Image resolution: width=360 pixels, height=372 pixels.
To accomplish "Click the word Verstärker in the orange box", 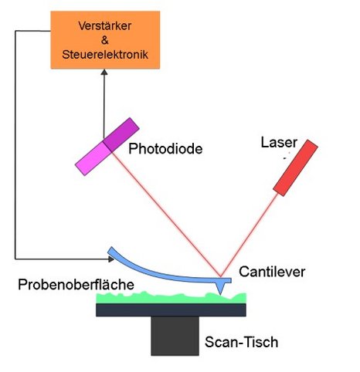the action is coord(105,25).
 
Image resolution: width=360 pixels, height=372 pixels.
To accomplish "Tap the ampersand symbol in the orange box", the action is coord(105,40).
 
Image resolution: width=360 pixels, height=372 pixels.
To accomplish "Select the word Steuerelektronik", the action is coord(105,55).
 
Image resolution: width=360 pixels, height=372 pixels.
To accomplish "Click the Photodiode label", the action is coord(165,149).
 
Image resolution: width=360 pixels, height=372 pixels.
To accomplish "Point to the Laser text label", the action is coord(279,142).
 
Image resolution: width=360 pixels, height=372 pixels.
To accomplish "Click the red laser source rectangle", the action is coord(295,167).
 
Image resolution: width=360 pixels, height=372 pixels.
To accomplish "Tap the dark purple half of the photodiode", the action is coord(121,134).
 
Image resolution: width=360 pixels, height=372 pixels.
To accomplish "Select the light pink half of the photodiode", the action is coord(93,159).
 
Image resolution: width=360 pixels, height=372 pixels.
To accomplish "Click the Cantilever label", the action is coord(272,272).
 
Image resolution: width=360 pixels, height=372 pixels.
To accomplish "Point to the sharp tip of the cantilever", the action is coord(220,294).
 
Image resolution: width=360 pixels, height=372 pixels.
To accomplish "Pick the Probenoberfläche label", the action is coord(76,285).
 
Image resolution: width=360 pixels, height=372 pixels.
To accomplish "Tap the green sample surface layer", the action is coord(172,299).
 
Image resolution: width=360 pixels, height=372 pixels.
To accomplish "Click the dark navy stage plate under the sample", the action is coord(172,309).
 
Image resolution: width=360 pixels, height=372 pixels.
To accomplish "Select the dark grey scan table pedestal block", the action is coord(175,336).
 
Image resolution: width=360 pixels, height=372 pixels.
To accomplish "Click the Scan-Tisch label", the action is coord(242,342).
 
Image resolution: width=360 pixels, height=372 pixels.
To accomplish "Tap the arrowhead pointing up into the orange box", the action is coord(104,72).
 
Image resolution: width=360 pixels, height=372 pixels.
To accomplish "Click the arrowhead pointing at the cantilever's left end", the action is coord(111,259).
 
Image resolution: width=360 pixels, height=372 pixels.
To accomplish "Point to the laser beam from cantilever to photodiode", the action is coord(166,215).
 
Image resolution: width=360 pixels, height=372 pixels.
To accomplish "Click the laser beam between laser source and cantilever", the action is coord(250,235).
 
